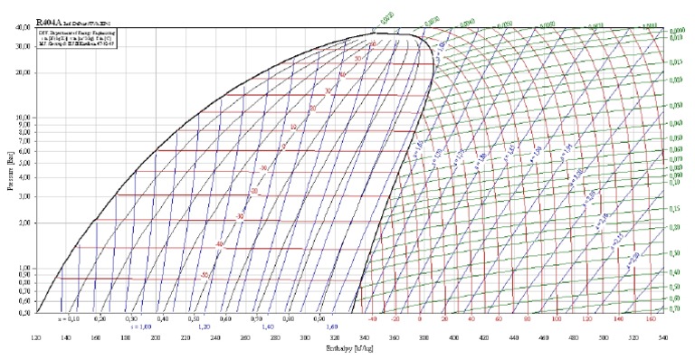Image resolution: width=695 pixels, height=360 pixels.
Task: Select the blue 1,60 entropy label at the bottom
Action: pyautogui.click(x=331, y=327)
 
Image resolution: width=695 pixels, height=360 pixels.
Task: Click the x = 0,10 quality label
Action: pyautogui.click(x=69, y=319)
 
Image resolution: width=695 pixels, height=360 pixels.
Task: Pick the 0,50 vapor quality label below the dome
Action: pyautogui.click(x=194, y=319)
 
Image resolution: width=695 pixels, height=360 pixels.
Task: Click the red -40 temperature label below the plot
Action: pyautogui.click(x=371, y=319)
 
